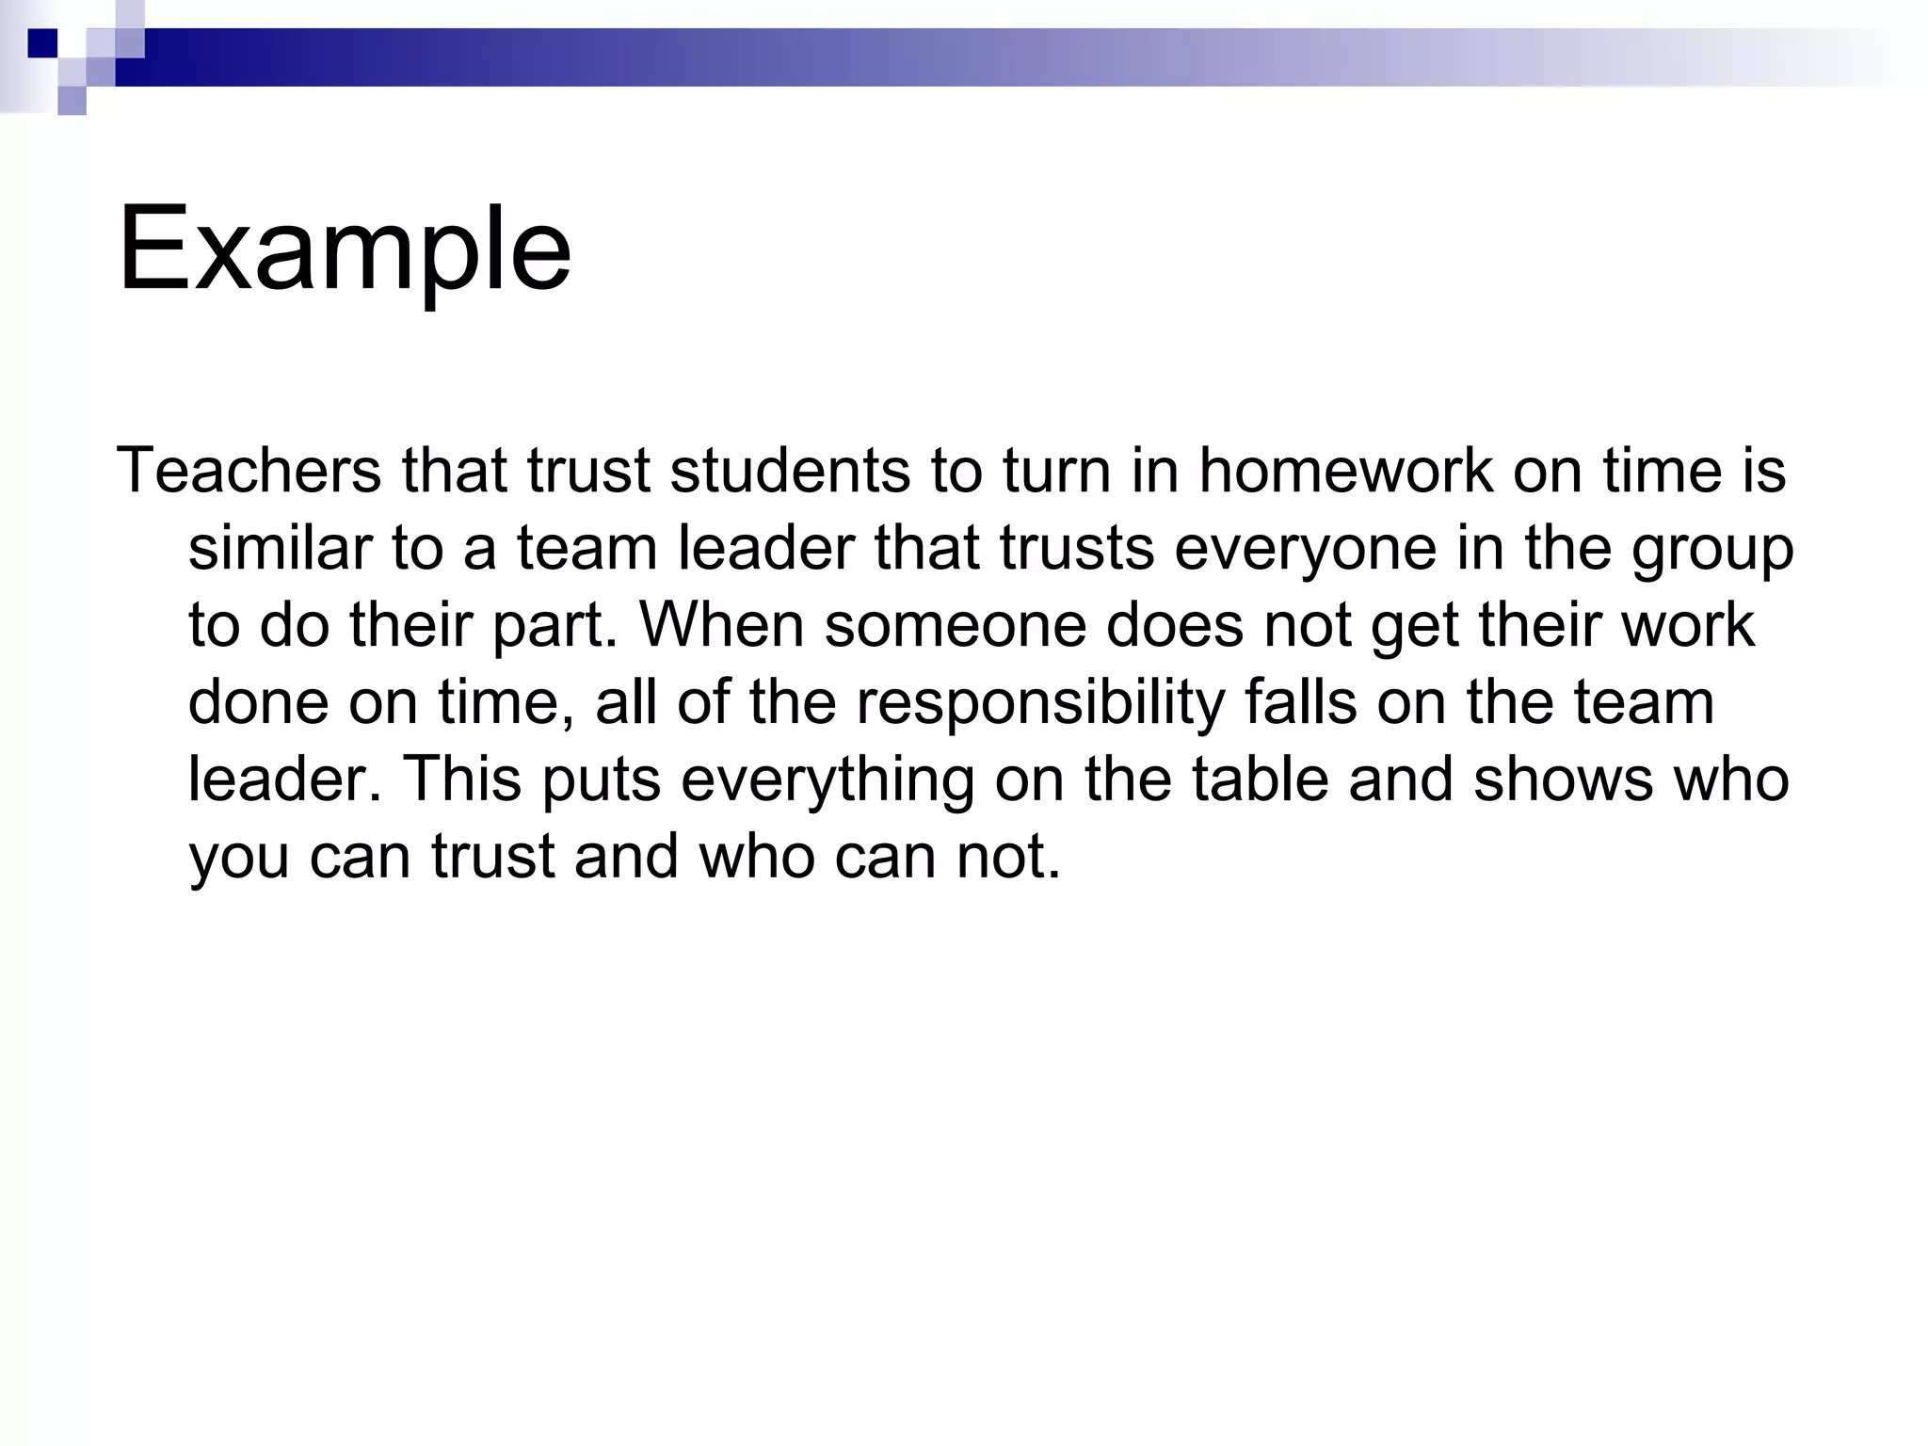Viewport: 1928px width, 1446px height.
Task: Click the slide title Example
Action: pyautogui.click(x=345, y=250)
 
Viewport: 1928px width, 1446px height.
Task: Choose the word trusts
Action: pyautogui.click(x=1076, y=548)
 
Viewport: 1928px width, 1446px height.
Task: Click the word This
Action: pyautogui.click(x=461, y=779)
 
